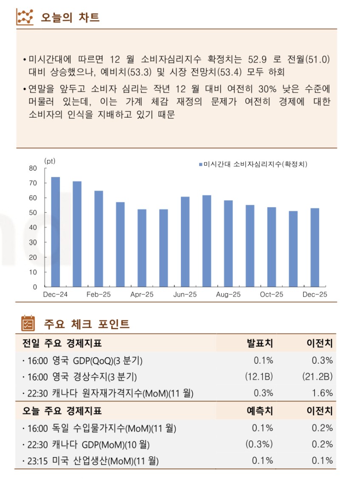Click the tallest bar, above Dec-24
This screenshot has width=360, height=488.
tap(55, 231)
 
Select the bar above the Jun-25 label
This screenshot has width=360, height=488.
tap(185, 241)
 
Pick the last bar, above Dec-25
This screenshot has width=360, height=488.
tap(315, 247)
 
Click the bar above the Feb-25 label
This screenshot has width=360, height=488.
tap(98, 238)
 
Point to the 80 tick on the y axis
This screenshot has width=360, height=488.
tap(34, 168)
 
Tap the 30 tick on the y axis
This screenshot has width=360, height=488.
tap(34, 242)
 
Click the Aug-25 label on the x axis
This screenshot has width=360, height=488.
tap(228, 294)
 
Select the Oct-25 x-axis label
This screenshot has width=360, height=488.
tap(272, 294)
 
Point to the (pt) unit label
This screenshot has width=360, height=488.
tap(50, 161)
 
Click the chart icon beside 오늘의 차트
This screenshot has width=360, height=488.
tap(25, 17)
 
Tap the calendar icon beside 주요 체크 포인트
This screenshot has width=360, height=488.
tap(28, 323)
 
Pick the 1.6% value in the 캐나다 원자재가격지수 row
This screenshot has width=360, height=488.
tap(322, 393)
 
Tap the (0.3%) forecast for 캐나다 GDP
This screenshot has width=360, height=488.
tap(259, 444)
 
